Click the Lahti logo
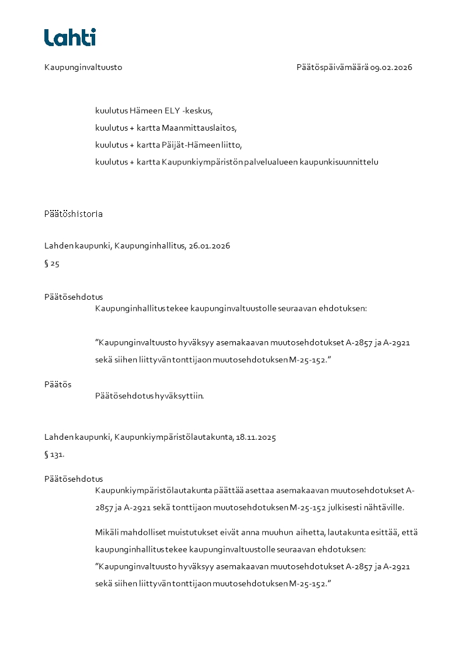[x=70, y=37]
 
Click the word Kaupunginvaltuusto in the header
[x=83, y=67]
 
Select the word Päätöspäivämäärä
[x=332, y=67]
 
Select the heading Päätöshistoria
[x=74, y=213]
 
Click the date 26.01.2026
[x=209, y=246]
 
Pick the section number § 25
[x=52, y=263]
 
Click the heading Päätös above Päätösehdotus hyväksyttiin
[x=58, y=384]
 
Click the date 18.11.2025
[x=256, y=437]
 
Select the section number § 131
[x=54, y=454]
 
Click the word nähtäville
[x=384, y=507]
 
